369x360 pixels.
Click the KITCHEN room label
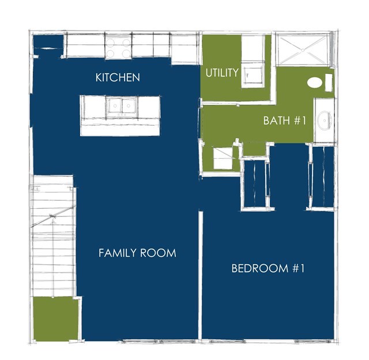tap(118, 77)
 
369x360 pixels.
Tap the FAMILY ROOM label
tap(137, 253)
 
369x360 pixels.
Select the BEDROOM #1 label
tap(268, 268)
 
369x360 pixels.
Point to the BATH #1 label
tap(284, 121)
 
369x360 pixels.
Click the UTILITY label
tap(222, 73)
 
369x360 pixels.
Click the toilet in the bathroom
tap(314, 82)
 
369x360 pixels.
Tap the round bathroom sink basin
tap(324, 120)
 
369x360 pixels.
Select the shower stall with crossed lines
tap(303, 50)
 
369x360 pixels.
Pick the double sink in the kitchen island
tap(122, 107)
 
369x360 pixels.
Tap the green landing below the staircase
tap(55, 318)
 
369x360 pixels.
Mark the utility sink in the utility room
tap(253, 75)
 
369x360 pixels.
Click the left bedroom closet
tap(255, 183)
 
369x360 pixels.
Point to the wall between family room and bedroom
tap(201, 275)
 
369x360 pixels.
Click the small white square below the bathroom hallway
tap(223, 157)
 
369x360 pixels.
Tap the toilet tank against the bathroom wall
tap(329, 82)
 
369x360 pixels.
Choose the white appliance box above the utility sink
tap(253, 48)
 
